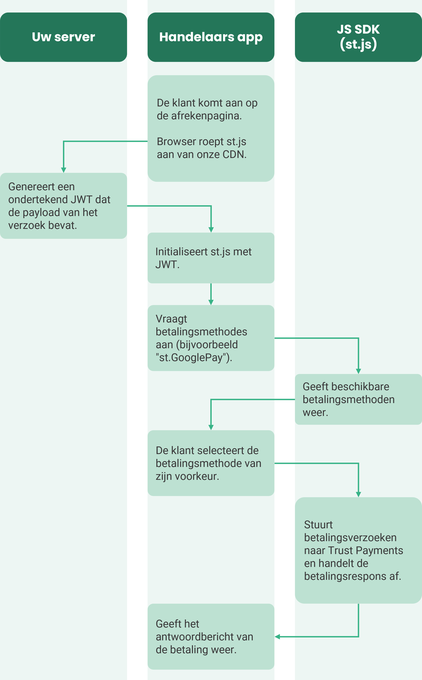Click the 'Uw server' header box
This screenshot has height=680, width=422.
pos(63,37)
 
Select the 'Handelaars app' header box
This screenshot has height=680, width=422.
pos(211,37)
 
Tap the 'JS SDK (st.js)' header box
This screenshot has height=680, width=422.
pos(358,37)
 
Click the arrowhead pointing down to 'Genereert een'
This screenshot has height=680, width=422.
pos(64,170)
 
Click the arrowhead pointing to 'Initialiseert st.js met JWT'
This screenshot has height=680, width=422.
pos(211,229)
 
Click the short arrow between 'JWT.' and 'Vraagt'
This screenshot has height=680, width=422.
pos(211,294)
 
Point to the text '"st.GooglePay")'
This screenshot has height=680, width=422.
pos(194,358)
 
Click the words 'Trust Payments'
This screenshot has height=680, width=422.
pos(365,550)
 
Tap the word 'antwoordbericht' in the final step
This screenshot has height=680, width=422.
pos(195,637)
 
